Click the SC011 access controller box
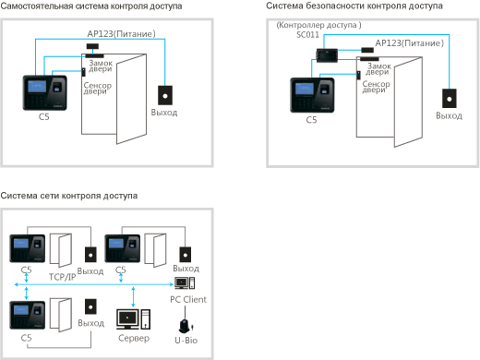click(x=327, y=55)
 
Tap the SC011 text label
click(x=307, y=35)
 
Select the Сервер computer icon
click(x=133, y=319)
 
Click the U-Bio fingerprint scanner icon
click(x=186, y=327)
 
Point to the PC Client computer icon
click(x=185, y=283)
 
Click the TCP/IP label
click(x=62, y=277)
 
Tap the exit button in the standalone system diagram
click(x=165, y=96)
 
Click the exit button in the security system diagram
click(x=450, y=99)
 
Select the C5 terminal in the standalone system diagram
click(x=45, y=93)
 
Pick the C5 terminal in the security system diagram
click(x=312, y=95)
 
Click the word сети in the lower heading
click(x=50, y=196)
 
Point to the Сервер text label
click(x=134, y=338)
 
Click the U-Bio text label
click(x=186, y=341)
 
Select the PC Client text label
click(x=188, y=299)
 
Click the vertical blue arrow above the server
click(x=133, y=297)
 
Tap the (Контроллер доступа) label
click(x=318, y=25)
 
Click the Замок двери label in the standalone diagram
click(x=101, y=66)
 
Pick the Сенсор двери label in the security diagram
click(x=376, y=87)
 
